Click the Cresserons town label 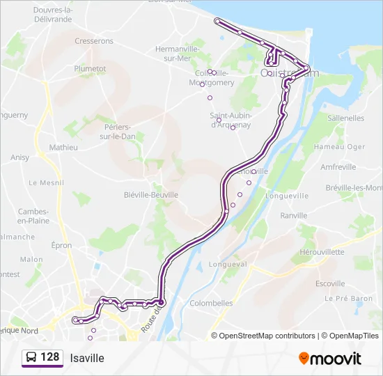(x=94, y=42)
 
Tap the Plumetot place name (x=90, y=69)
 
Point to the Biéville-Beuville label (x=151, y=195)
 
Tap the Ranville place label (x=293, y=216)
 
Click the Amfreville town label (x=338, y=167)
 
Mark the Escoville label (x=330, y=283)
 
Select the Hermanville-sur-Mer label (x=178, y=54)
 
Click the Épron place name (x=61, y=245)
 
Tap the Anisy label (x=20, y=157)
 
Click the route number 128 (x=50, y=357)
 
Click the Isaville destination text (x=87, y=359)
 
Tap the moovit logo (x=330, y=359)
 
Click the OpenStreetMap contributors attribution (x=267, y=336)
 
